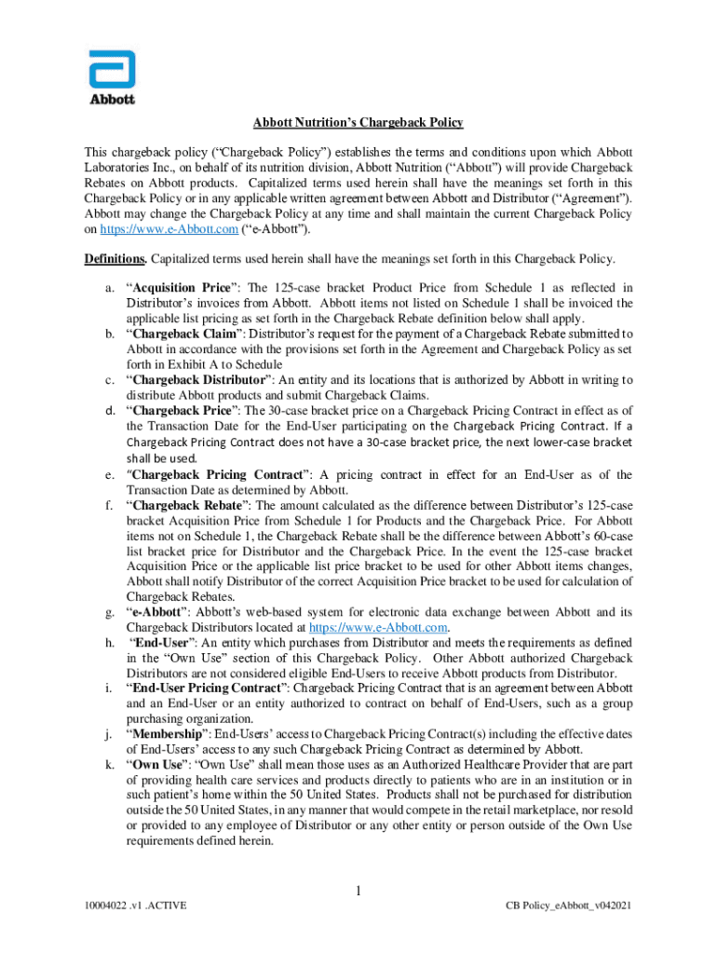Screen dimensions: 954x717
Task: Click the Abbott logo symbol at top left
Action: [x=112, y=70]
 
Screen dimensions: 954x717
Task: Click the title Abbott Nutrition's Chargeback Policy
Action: [x=358, y=123]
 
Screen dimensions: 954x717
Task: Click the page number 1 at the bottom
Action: [x=358, y=893]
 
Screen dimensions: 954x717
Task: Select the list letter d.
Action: [x=109, y=409]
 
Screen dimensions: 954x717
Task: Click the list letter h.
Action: [x=109, y=642]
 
